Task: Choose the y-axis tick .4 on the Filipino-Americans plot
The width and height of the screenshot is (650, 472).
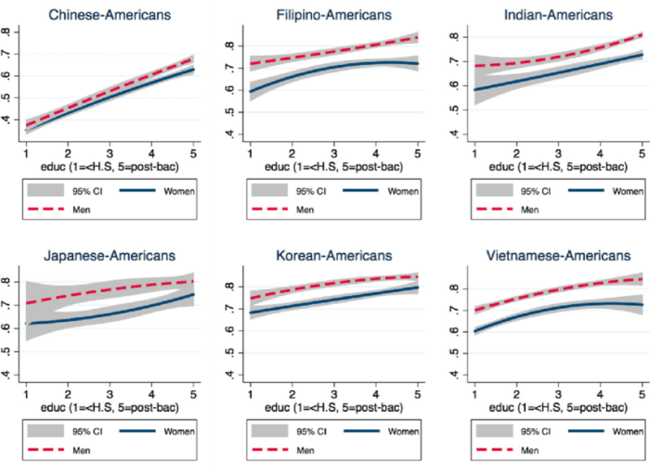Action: pyautogui.click(x=228, y=134)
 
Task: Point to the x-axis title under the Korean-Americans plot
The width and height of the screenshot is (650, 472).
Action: pyautogui.click(x=331, y=407)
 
